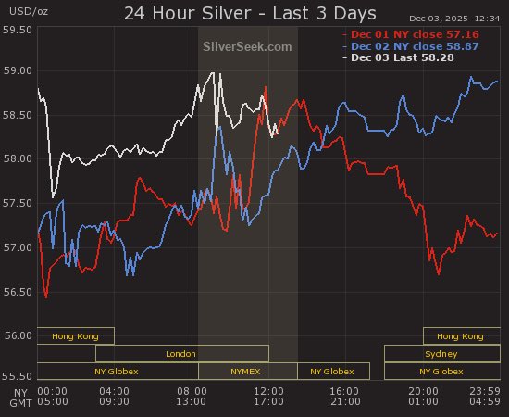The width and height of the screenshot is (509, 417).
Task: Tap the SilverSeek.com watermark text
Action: click(x=246, y=46)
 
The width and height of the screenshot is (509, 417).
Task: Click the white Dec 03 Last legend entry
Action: click(x=419, y=57)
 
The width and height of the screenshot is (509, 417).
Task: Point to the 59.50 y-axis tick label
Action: click(x=19, y=31)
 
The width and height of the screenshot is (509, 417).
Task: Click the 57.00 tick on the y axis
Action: click(x=19, y=247)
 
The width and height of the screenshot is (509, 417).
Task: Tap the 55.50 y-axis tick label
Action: click(x=19, y=377)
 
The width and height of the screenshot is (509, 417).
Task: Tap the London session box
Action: click(x=181, y=353)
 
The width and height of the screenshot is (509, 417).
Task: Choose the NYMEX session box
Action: click(x=247, y=371)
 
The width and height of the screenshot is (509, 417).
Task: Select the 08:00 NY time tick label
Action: click(x=192, y=391)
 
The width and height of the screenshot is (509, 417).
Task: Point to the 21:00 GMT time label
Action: click(x=343, y=403)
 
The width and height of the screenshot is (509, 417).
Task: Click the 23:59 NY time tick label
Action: click(x=484, y=391)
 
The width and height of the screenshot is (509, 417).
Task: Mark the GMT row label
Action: click(x=19, y=403)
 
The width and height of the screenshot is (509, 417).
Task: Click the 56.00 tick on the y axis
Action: click(x=19, y=335)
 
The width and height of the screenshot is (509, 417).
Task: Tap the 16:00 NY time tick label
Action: click(x=343, y=391)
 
